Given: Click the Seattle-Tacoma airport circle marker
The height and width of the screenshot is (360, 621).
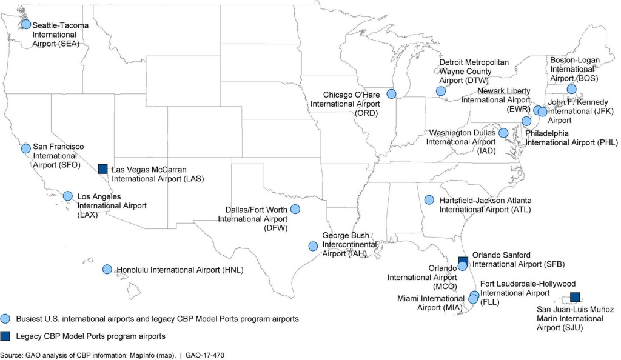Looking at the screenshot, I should coord(26,24).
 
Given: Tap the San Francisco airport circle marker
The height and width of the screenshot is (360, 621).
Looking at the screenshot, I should coord(25,148).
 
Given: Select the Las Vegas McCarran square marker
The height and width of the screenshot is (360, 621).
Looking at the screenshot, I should coord(102,168).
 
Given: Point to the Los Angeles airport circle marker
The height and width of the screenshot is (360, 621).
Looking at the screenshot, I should coord(68,196).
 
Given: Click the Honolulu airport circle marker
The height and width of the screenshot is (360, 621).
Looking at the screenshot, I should coord(107,269).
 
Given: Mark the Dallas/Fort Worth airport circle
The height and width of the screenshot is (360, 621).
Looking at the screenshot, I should coord(295,209).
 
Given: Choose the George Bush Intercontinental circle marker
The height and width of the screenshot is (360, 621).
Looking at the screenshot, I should coord(313,246).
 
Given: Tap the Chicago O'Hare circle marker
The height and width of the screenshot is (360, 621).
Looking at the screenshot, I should coord(391,94).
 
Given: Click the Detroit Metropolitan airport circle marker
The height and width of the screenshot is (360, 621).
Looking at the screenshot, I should coord(440,92).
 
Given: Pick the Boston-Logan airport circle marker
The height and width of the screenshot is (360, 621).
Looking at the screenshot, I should coord(571,89).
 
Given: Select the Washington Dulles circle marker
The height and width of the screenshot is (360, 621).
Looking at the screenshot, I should coord(503,133).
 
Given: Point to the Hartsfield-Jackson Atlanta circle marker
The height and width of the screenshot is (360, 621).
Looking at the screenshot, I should coord(429,199).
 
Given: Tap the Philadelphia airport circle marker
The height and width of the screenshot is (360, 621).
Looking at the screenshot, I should coord(526,121).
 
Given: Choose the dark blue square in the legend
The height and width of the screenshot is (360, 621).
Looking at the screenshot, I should coord(5,335).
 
